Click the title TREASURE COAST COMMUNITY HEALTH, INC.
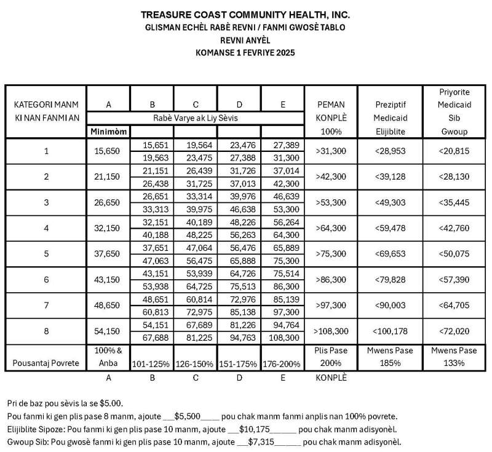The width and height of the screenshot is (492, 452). (246, 14)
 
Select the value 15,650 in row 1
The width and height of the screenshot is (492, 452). (108, 151)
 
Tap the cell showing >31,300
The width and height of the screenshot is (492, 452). (331, 151)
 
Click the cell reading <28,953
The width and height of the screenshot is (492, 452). (392, 151)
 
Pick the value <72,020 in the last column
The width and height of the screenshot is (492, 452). (454, 331)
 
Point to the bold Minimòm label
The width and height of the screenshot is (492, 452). (108, 131)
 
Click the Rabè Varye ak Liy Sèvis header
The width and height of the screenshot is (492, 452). (196, 117)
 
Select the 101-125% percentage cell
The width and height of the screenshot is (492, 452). (152, 363)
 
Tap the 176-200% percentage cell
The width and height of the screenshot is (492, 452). (282, 363)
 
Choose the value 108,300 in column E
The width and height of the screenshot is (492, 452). (283, 338)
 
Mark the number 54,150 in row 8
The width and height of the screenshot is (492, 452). (108, 331)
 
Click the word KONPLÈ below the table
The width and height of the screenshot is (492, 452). (331, 378)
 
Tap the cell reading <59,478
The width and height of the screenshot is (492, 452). (392, 228)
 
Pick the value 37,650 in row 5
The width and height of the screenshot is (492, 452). (108, 254)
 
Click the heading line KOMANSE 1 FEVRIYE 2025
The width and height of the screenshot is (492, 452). (245, 53)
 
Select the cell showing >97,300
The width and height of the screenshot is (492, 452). (331, 306)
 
